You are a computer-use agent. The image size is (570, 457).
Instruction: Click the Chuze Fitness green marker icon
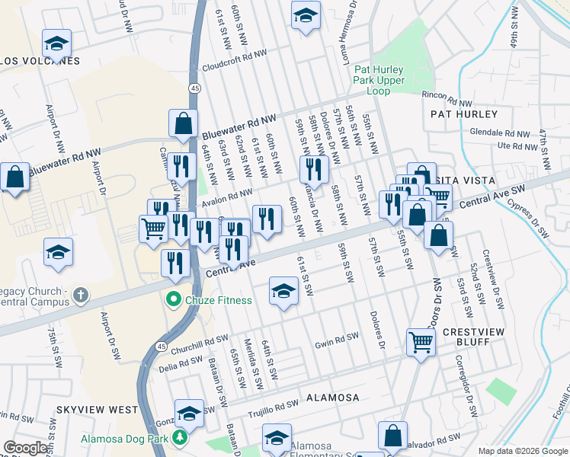point(173,300)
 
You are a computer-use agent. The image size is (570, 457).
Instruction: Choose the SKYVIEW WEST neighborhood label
point(97,410)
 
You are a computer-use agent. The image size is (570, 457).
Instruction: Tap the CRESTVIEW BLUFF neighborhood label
point(470,337)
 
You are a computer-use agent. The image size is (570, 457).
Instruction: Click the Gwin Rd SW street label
point(336,341)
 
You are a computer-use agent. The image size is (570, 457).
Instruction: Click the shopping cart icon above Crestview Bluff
point(420,343)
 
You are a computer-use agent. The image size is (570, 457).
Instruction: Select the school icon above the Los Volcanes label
point(56,43)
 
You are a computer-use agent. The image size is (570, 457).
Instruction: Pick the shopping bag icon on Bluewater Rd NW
point(183,123)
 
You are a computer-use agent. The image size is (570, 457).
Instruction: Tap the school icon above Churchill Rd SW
point(283,291)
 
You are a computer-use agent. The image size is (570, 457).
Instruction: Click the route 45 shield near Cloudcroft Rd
point(196,89)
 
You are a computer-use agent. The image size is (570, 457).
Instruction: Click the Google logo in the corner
point(26,448)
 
